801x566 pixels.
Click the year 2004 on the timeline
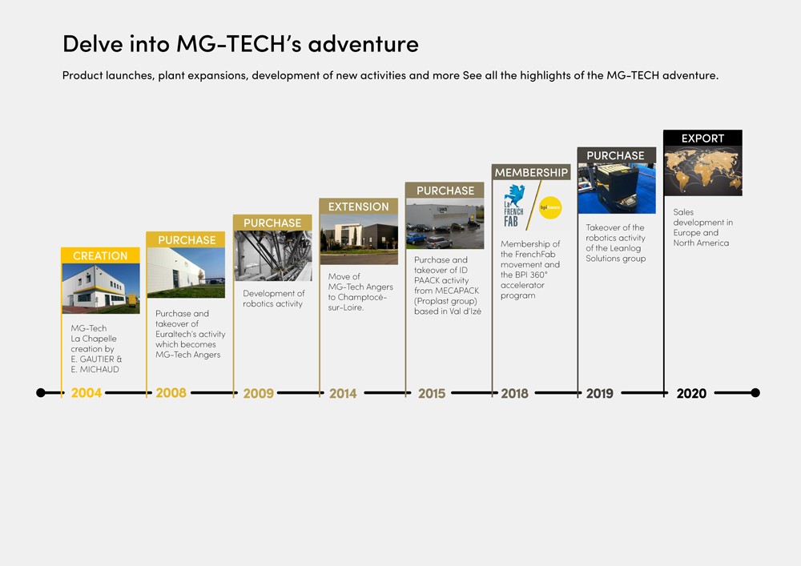click(86, 393)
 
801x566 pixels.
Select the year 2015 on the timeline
click(431, 393)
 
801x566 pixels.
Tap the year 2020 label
click(691, 393)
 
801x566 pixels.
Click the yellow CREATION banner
click(100, 255)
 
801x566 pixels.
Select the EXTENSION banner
click(358, 207)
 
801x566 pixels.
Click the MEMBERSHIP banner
click(530, 172)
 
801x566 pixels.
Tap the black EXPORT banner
click(702, 138)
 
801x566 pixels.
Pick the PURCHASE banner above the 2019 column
click(615, 155)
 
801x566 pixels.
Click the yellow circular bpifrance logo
click(549, 207)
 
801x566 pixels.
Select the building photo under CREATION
click(100, 288)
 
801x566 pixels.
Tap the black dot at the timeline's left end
click(41, 393)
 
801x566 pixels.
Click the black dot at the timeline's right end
click(755, 393)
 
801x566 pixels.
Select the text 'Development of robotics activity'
click(273, 299)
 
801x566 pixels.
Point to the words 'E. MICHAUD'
click(95, 370)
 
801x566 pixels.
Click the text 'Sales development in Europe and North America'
click(702, 227)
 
